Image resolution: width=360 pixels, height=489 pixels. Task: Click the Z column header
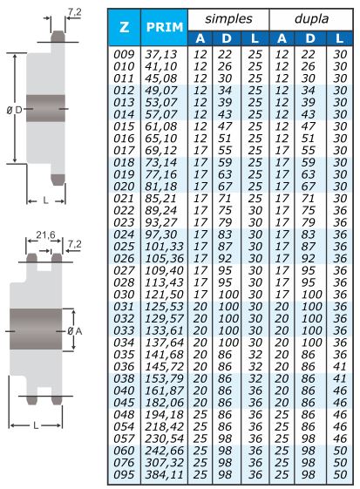124,27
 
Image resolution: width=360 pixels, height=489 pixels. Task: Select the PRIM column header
165,27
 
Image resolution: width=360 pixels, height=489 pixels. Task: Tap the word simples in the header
228,18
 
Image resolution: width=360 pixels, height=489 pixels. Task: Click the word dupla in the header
311,18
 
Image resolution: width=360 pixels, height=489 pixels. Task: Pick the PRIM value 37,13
161,54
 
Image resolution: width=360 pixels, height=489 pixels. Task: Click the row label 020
124,187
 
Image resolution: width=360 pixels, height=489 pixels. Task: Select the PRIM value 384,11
164,475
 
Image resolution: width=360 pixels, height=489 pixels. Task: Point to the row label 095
124,475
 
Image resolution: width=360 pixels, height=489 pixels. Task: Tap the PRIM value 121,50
164,295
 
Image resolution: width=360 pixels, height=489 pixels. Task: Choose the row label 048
124,415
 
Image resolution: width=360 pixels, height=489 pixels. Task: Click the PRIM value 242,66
164,451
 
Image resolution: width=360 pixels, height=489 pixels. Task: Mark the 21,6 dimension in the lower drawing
45,234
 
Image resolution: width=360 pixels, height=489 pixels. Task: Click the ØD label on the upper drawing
14,110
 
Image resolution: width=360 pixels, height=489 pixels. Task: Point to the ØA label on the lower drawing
75,331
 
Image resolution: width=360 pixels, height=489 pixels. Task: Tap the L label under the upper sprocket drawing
46,200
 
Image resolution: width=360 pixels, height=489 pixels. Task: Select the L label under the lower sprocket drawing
36,425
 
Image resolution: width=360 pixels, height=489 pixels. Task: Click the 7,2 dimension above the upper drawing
75,12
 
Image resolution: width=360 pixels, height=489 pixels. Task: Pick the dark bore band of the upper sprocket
45,108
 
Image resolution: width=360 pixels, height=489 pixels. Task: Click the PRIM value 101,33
164,247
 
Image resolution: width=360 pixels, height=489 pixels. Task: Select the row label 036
124,367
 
